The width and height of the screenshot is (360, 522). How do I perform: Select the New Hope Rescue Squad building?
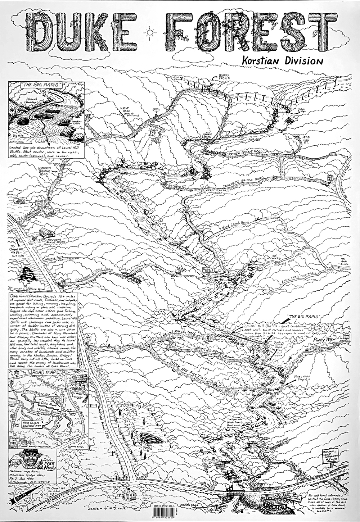point(47,233)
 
